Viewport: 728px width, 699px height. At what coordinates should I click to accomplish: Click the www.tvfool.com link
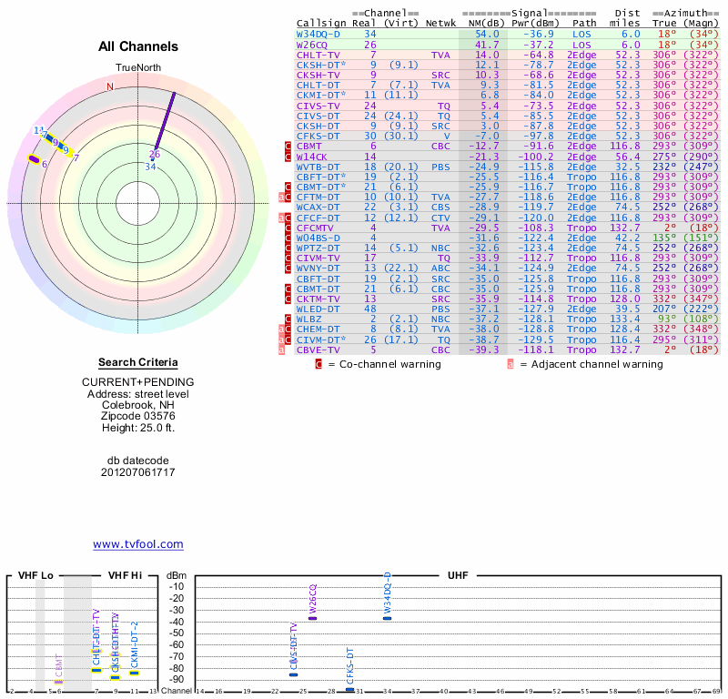pos(138,544)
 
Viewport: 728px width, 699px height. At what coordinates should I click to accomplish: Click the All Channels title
pos(138,46)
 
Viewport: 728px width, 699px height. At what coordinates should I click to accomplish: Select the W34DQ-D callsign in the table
pos(318,33)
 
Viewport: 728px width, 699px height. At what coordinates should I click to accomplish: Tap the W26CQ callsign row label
pos(311,44)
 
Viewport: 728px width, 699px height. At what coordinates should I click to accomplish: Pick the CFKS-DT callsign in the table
pos(318,136)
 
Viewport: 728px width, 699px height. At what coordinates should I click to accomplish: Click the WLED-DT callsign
pos(318,309)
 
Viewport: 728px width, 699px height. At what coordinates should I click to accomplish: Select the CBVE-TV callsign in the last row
pos(318,349)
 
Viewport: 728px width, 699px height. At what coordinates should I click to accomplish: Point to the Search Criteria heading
pos(138,362)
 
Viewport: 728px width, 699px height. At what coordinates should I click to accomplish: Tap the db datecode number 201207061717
pos(138,472)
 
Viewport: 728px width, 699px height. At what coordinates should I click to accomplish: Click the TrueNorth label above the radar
pos(138,69)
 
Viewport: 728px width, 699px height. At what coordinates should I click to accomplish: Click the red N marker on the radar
pos(110,86)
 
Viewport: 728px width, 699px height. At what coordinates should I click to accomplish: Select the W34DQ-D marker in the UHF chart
pos(387,618)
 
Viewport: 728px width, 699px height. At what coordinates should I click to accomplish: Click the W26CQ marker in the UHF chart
pos(312,618)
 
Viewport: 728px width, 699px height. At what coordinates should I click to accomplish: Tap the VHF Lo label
pos(35,576)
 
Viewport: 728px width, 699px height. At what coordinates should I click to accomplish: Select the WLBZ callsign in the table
pos(309,319)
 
